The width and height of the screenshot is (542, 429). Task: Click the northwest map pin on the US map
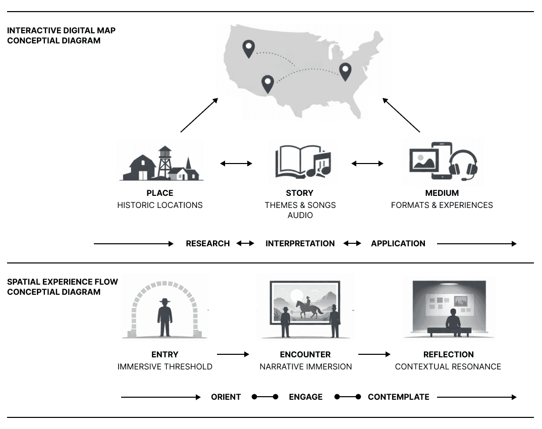(x=248, y=48)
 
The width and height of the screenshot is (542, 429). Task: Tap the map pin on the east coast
(x=345, y=72)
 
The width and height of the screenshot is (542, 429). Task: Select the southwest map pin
(x=267, y=84)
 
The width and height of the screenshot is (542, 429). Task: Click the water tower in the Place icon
(x=165, y=162)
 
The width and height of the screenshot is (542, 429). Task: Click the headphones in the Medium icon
(x=463, y=165)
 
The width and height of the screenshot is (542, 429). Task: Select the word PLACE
(x=159, y=193)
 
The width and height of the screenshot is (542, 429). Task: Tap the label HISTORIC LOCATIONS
(x=159, y=205)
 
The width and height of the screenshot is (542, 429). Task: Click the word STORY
(x=300, y=193)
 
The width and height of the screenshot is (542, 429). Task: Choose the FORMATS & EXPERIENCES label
(x=442, y=205)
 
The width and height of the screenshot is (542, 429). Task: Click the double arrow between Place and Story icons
(x=236, y=164)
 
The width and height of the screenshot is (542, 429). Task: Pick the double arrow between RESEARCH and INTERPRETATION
(x=245, y=244)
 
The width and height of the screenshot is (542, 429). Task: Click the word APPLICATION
(x=398, y=244)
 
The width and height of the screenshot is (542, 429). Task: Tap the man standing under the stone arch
(x=165, y=317)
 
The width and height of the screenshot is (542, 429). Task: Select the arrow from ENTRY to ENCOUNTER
(x=233, y=354)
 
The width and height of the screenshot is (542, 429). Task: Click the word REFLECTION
(x=448, y=354)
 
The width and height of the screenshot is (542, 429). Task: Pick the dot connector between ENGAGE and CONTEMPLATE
(x=348, y=397)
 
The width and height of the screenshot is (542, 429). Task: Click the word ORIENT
(x=226, y=397)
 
